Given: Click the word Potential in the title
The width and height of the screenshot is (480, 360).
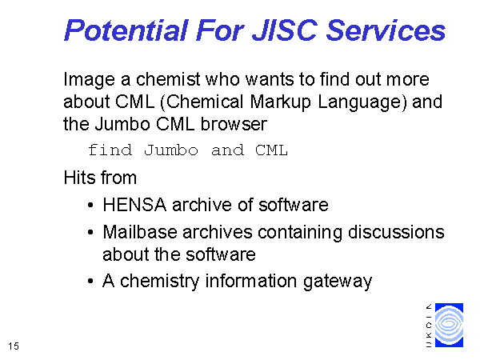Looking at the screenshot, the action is point(126,30).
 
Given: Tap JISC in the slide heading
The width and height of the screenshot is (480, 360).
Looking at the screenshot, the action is point(285,30).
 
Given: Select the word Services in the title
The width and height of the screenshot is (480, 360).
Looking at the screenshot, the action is point(386,30).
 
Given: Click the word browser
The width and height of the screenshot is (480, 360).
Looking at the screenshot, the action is point(234,125).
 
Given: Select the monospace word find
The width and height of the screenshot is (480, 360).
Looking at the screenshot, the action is point(110,150).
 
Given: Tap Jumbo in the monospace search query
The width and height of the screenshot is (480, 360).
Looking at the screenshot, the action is point(171,150).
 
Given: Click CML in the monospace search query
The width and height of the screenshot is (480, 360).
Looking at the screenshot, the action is point(271,150).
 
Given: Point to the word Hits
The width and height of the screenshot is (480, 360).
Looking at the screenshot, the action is point(79,178).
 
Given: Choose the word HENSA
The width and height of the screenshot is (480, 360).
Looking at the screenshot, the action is point(134,205).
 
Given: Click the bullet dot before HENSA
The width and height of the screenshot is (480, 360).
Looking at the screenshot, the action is point(90,205).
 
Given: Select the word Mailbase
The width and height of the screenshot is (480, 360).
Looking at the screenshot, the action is point(140,232).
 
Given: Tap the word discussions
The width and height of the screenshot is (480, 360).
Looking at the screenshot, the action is point(396,232).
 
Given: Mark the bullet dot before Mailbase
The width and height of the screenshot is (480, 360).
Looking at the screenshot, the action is point(90,232).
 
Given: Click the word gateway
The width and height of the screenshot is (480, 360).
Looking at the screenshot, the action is point(338,282).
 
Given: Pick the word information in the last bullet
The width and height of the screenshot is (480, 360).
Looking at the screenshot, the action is point(251,281).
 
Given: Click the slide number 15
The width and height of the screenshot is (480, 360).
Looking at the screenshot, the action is point(14,346).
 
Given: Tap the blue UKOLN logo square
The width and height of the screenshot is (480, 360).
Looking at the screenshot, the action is point(449,325).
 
